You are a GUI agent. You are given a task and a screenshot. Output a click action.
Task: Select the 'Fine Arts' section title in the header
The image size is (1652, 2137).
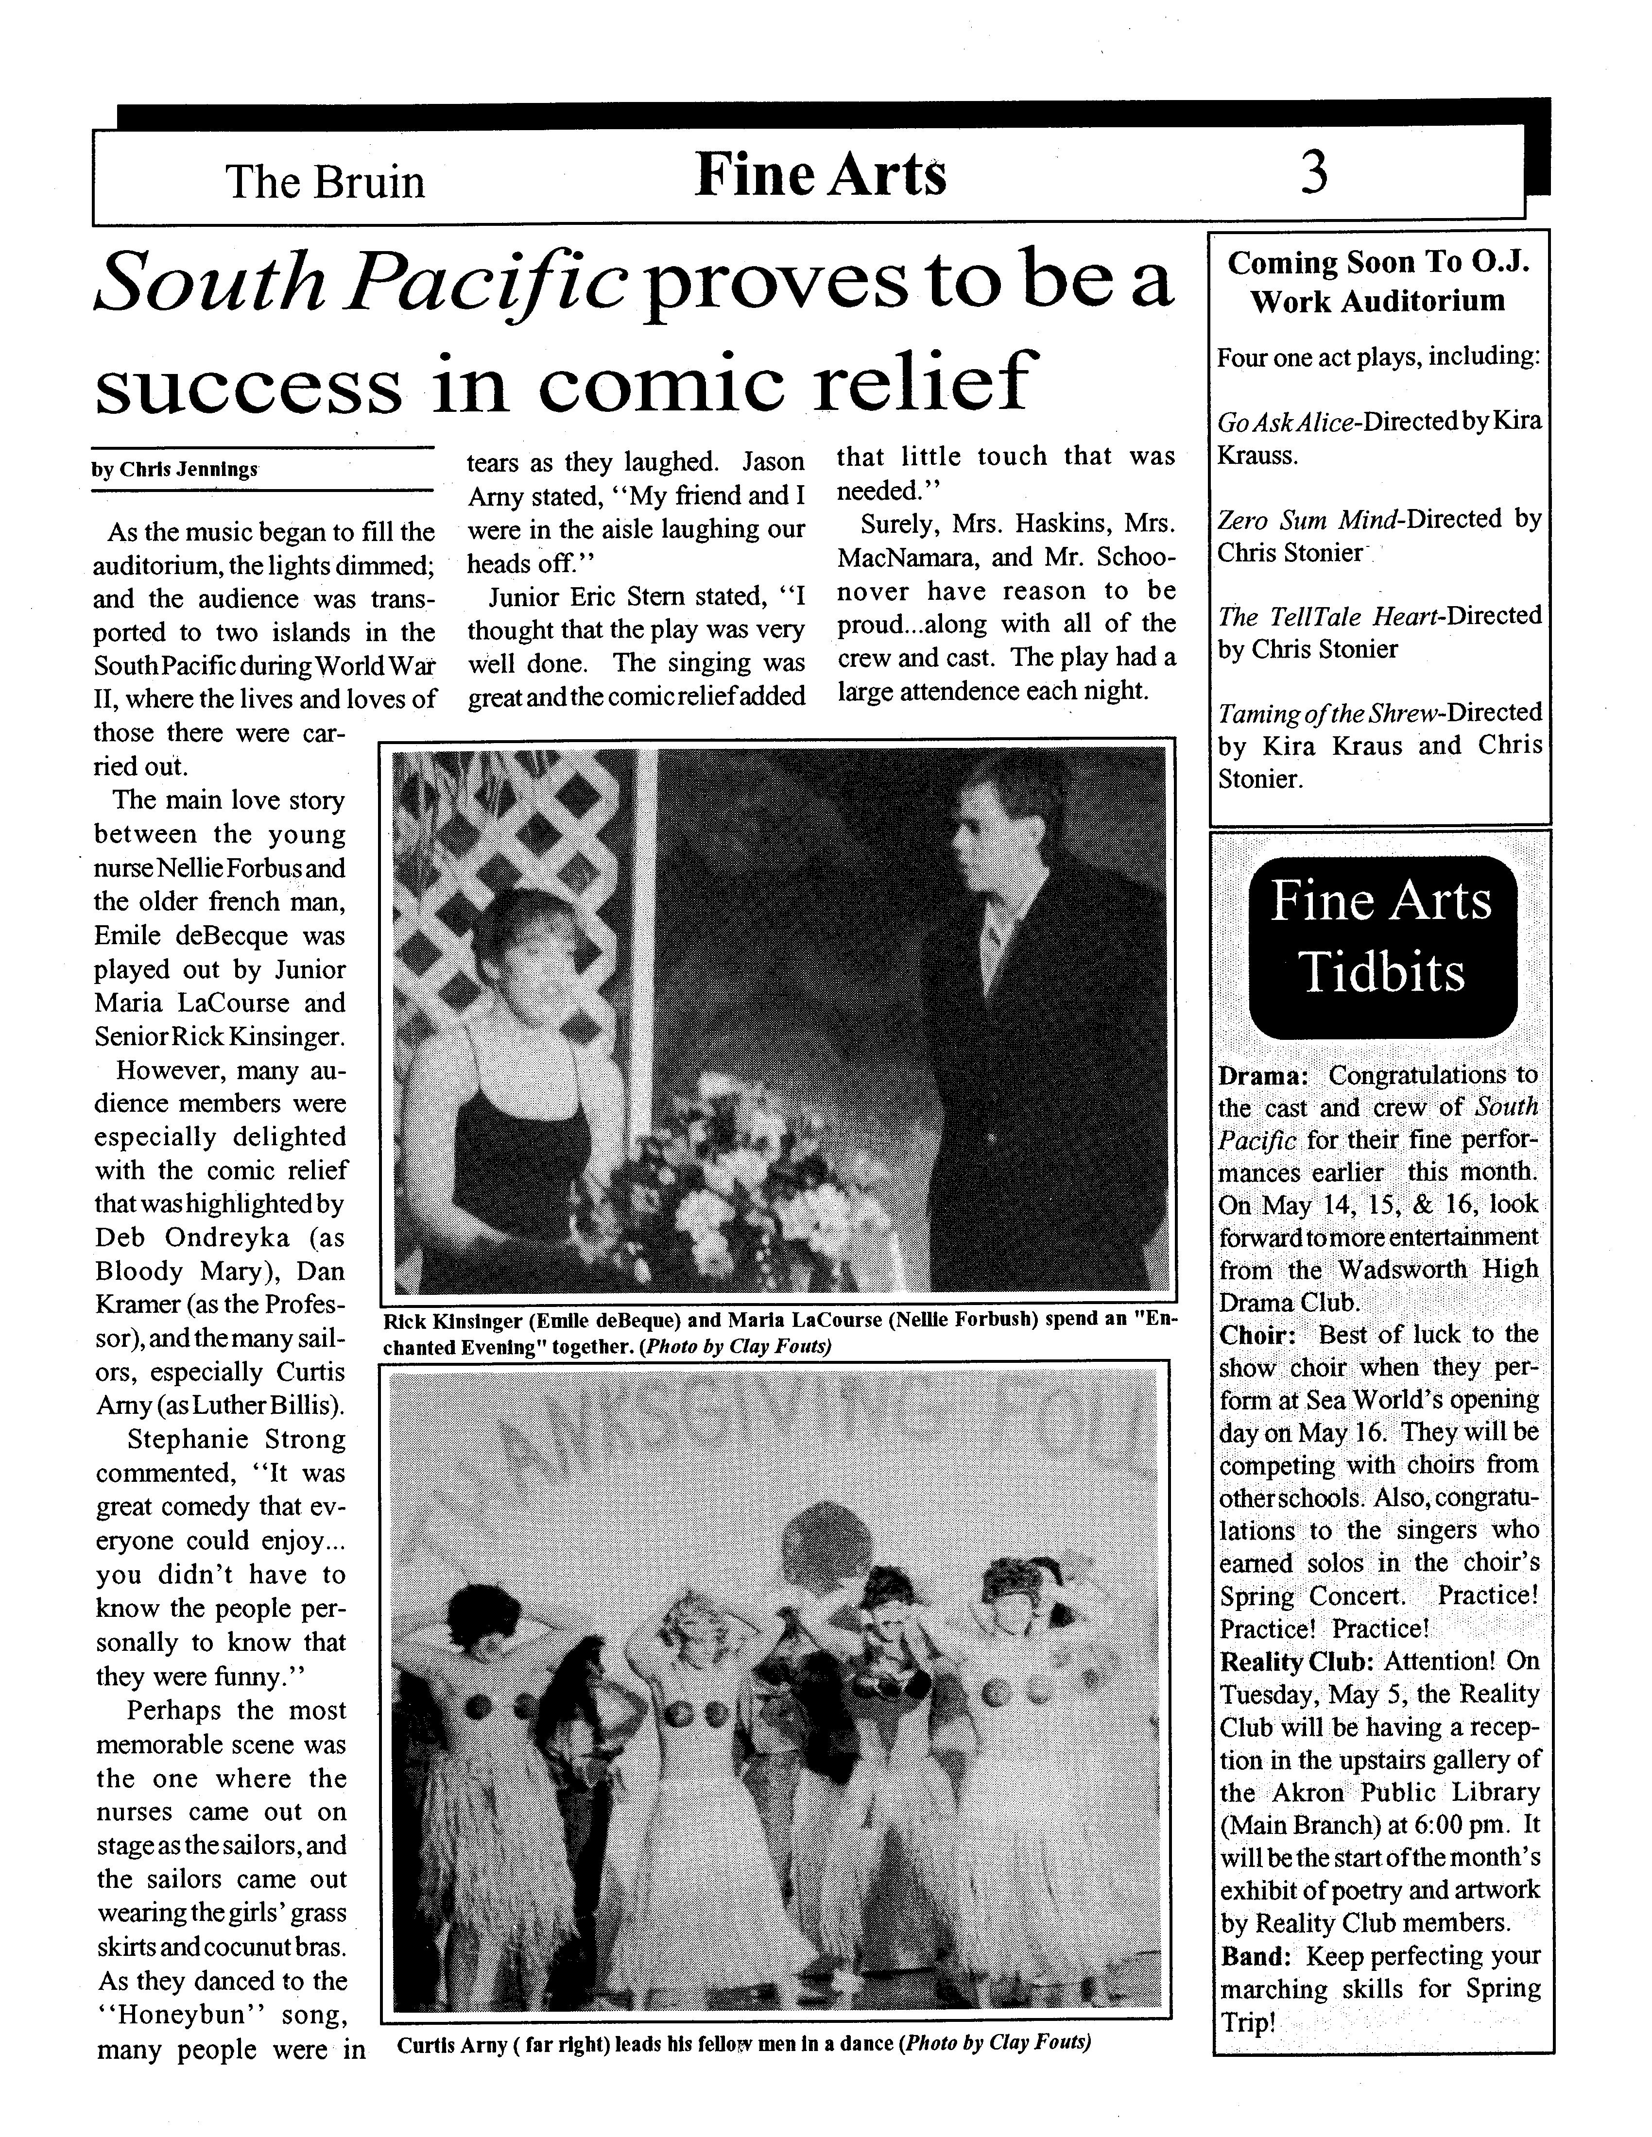coord(820,176)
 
